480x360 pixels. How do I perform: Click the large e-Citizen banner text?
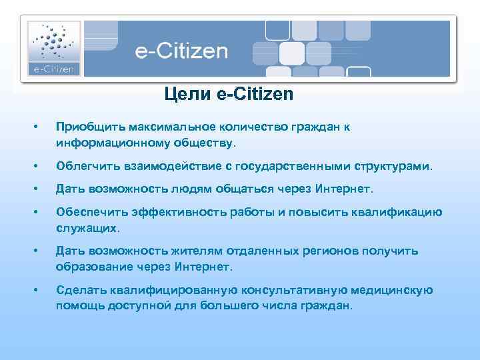pyautogui.click(x=181, y=51)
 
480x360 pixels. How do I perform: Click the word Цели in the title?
pyautogui.click(x=189, y=95)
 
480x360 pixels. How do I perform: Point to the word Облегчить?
pyautogui.click(x=86, y=165)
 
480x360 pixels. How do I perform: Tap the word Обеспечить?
pyautogui.click(x=89, y=213)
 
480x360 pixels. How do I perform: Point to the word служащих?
pyautogui.click(x=88, y=228)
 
